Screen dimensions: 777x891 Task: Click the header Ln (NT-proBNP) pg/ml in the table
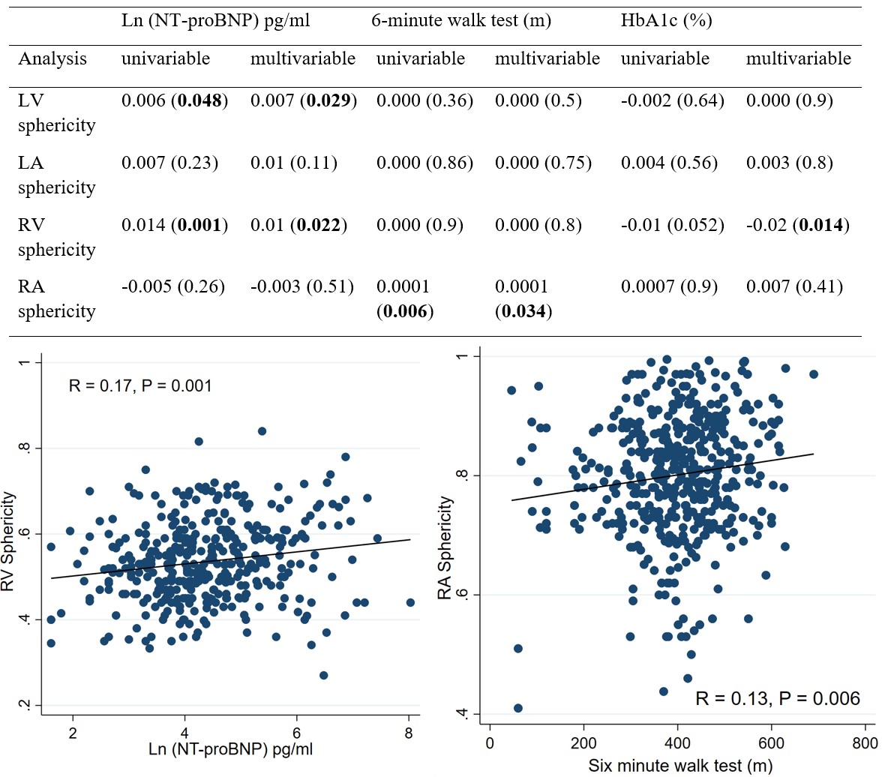point(215,21)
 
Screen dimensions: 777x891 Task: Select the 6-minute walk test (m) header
point(461,21)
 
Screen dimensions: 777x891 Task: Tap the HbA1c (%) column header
point(666,21)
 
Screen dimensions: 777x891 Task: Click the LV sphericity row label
point(57,113)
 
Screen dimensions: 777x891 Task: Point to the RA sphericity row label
point(57,299)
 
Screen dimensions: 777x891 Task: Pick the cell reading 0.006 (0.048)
point(175,101)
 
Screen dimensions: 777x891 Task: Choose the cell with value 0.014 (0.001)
point(175,225)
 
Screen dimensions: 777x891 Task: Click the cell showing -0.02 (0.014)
point(797,225)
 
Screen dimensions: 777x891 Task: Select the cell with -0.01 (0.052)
point(672,225)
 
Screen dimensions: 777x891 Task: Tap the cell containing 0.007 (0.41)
point(794,286)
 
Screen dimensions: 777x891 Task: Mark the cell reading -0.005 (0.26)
point(173,286)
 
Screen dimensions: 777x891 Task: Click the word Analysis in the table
point(52,58)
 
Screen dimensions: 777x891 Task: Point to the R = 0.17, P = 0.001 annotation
point(140,386)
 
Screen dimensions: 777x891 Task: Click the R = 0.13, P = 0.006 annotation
point(777,699)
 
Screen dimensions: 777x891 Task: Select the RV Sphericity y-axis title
point(9,540)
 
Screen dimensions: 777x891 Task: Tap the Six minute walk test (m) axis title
point(679,766)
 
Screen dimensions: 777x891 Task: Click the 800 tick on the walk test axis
point(865,742)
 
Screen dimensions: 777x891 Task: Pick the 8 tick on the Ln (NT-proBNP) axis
point(408,733)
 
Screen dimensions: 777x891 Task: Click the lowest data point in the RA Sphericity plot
point(517,708)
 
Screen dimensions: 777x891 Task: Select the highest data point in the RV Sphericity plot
point(262,431)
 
